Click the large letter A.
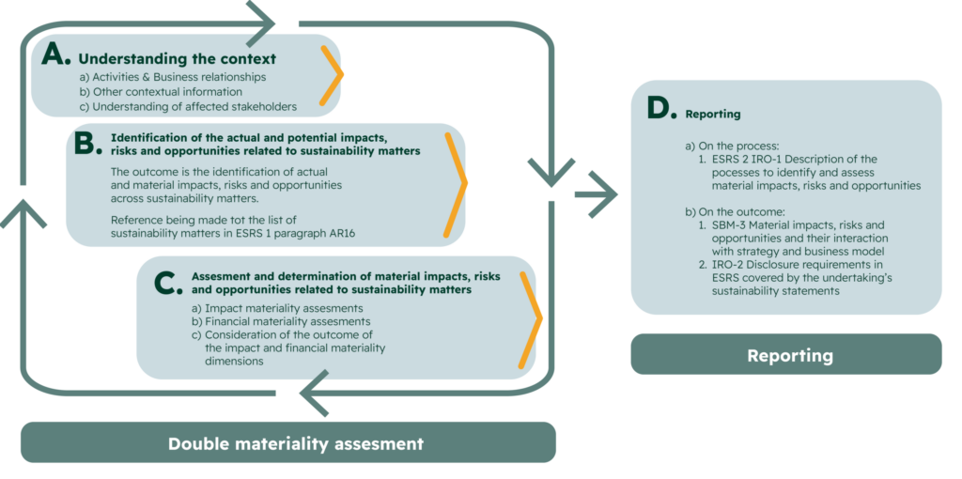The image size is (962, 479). [x=56, y=55]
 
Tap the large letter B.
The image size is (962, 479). [x=86, y=144]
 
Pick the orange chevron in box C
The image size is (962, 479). [x=533, y=319]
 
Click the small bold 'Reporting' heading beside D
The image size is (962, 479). [x=713, y=115]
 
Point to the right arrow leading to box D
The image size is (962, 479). [x=597, y=195]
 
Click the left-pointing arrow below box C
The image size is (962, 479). [x=317, y=394]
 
